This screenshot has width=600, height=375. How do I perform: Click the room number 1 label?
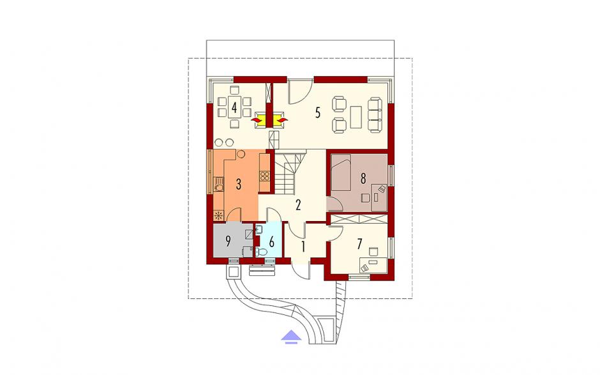(303, 247)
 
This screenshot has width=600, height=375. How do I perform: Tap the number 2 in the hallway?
(297, 205)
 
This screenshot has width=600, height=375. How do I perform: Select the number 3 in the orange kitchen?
(238, 184)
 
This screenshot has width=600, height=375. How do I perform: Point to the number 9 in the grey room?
(228, 241)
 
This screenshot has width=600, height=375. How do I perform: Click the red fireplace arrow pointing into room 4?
(255, 120)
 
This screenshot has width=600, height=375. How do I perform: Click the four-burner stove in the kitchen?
(265, 176)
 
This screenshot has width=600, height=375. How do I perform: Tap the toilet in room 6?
(261, 252)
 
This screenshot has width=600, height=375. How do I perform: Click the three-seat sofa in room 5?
(375, 114)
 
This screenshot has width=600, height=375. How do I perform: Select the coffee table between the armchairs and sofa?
(356, 117)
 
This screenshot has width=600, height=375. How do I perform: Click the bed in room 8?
(341, 172)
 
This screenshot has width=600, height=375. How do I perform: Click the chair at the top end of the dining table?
(234, 91)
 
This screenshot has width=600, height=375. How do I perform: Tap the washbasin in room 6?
(258, 230)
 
